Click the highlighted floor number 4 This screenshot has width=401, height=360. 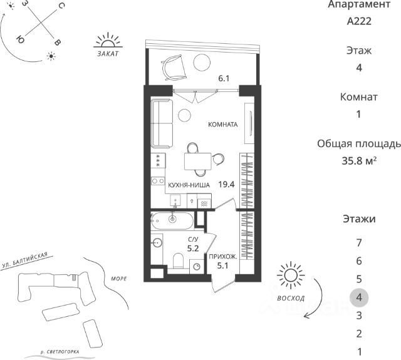[359, 297]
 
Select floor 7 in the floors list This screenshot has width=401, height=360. [359, 243]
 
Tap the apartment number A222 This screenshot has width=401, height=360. [359, 21]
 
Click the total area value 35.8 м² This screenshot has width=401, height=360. [359, 161]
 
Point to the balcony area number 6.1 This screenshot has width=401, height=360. [224, 78]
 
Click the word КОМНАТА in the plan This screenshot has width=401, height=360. [223, 125]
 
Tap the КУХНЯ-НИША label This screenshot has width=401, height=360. [189, 185]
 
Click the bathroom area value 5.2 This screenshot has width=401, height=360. [193, 249]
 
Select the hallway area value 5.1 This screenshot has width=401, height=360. [223, 265]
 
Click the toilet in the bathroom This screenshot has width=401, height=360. [178, 260]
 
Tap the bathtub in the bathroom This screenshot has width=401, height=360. [172, 221]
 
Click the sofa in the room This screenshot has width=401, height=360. [162, 123]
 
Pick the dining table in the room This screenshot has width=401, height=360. [198, 162]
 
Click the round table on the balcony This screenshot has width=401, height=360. [202, 63]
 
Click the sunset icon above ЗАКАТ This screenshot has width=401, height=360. [108, 40]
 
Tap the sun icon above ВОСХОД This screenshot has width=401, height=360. [291, 275]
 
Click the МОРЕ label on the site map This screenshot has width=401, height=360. [119, 279]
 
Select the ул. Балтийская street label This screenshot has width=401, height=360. [25, 260]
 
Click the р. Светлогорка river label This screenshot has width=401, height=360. [60, 352]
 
